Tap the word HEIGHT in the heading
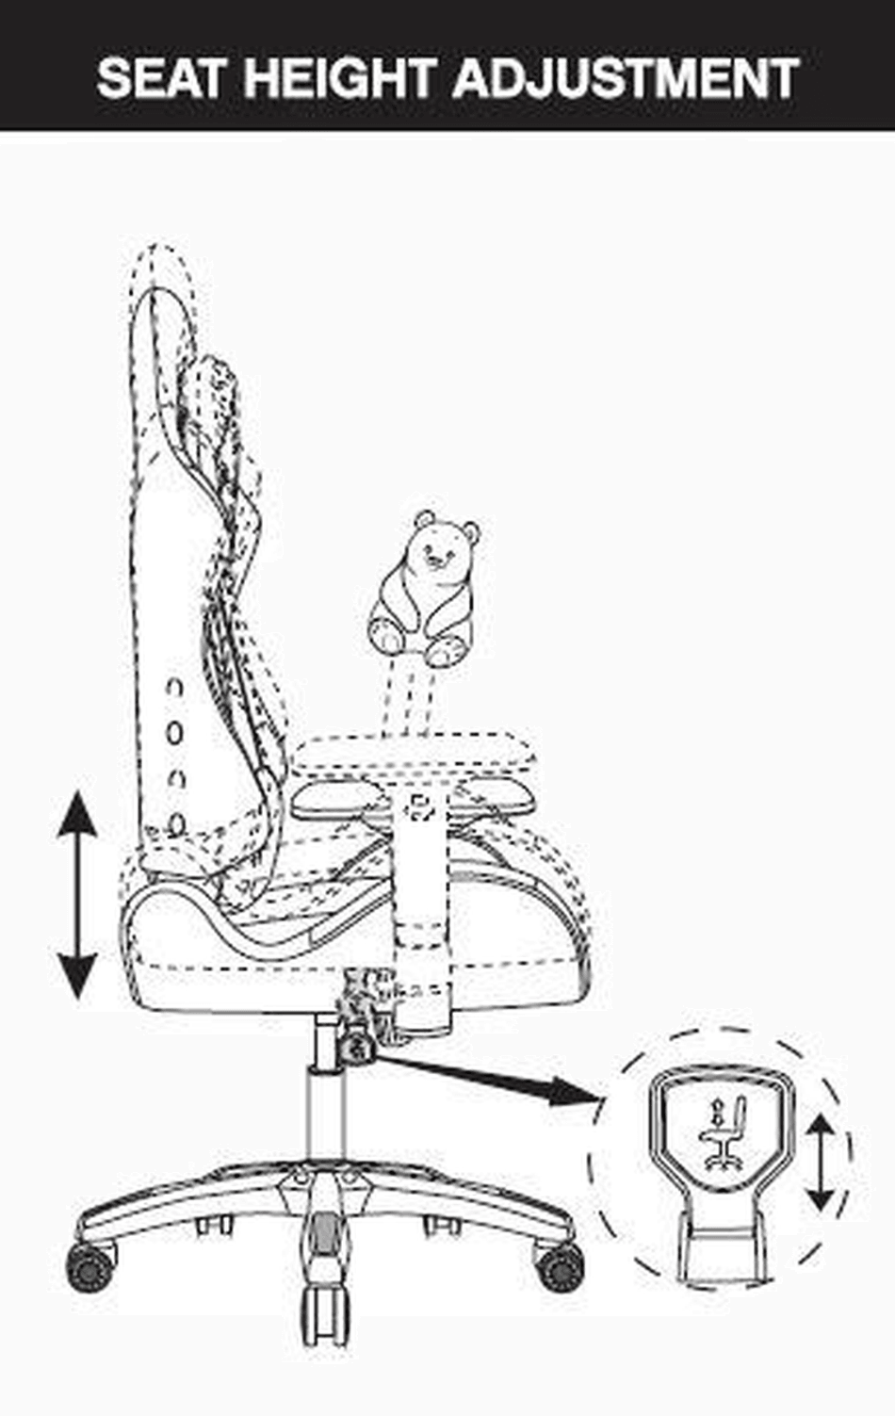pos(345,77)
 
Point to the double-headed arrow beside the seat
pos(77,895)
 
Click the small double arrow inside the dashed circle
pos(822,1163)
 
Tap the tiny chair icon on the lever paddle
pos(722,1134)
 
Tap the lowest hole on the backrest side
pos(175,824)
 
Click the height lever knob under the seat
pos(359,1047)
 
